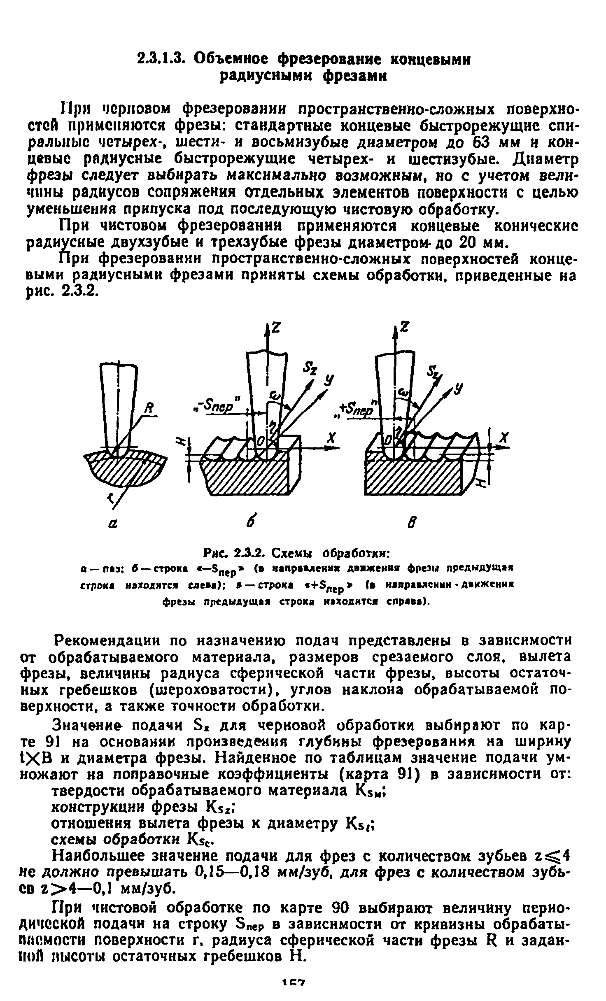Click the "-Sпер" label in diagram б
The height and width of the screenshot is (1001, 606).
(x=218, y=407)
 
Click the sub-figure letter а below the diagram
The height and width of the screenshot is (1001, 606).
(x=112, y=523)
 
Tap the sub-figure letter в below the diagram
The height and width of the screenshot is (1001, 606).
(x=410, y=523)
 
